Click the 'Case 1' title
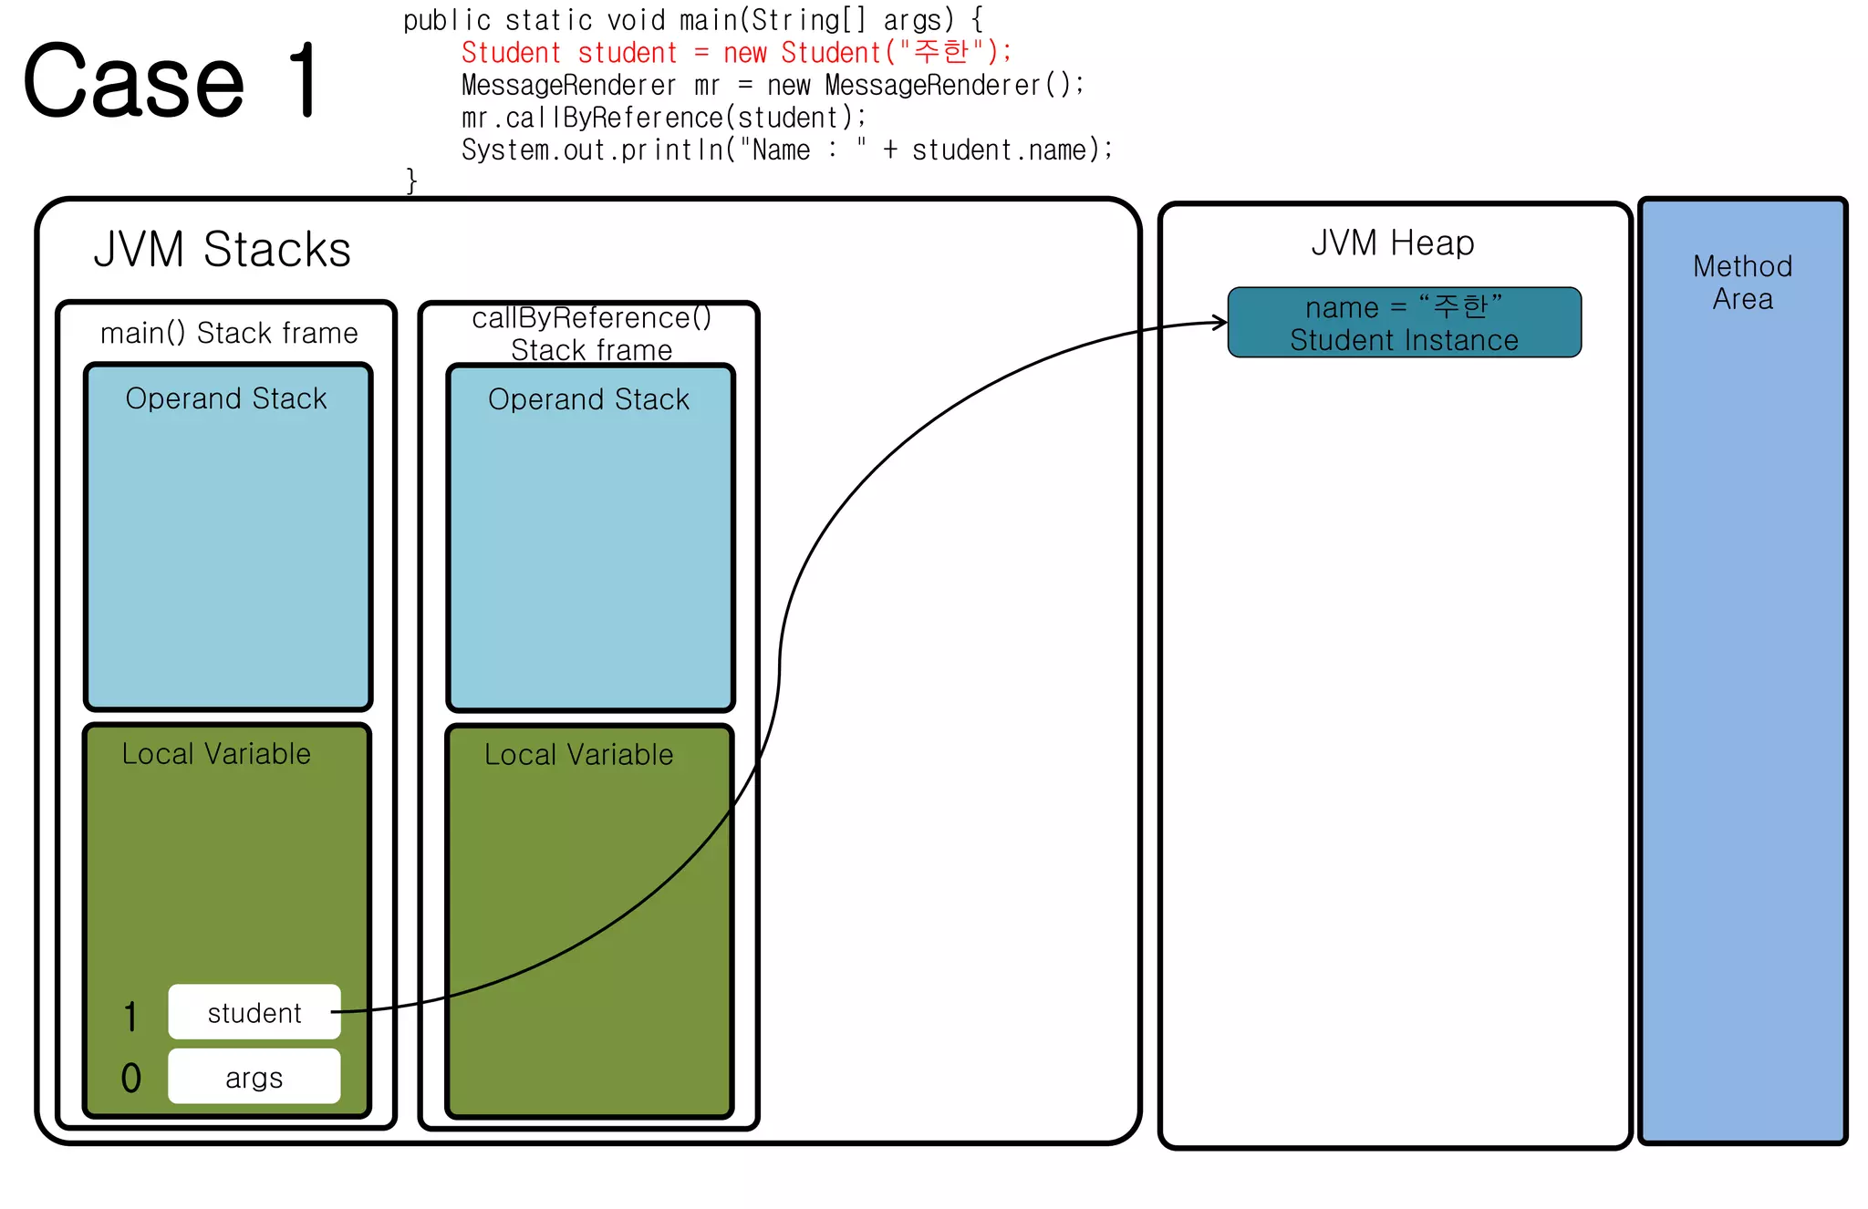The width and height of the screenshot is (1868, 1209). click(171, 82)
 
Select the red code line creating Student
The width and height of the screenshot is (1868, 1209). click(735, 53)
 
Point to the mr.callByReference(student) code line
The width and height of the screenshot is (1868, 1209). click(663, 118)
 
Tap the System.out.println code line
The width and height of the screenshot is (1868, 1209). click(786, 150)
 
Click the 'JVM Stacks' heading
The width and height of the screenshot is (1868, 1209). click(222, 250)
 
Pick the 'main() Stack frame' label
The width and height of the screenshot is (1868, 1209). click(228, 334)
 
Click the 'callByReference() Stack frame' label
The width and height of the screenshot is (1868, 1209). click(591, 334)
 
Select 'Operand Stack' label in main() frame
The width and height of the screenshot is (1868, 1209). click(226, 398)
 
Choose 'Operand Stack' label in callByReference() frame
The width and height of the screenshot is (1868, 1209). click(588, 399)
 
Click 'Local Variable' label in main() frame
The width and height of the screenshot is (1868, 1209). click(216, 754)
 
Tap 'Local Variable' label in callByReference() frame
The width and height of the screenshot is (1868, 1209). click(578, 755)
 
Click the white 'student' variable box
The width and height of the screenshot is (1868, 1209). click(254, 1012)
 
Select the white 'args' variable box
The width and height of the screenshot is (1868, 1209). click(254, 1077)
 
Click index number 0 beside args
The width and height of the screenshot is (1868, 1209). click(131, 1079)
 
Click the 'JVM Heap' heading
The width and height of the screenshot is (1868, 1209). click(1392, 243)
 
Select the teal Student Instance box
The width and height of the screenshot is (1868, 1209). click(1404, 323)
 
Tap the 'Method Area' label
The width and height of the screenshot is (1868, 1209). click(1742, 283)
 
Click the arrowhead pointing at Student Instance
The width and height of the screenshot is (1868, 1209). click(1220, 322)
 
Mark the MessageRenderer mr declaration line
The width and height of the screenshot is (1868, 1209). click(772, 86)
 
